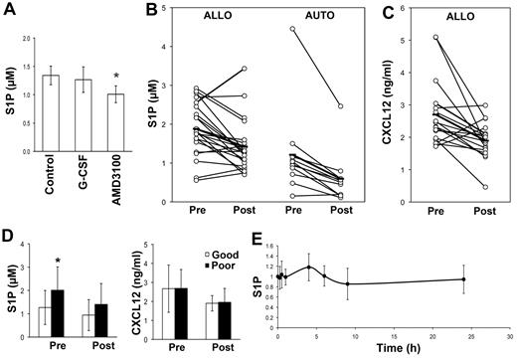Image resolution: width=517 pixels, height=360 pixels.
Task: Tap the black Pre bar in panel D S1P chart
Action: pyautogui.click(x=74, y=305)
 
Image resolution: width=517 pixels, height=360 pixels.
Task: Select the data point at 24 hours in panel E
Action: pyautogui.click(x=463, y=279)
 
